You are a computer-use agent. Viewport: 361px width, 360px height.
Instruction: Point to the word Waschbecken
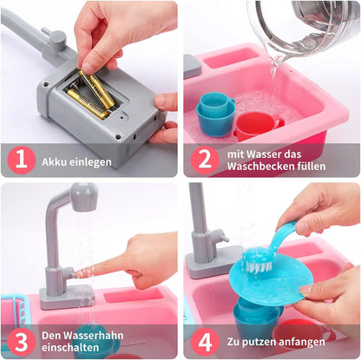pos(270,167)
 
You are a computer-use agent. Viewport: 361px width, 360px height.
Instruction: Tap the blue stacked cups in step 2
pos(214,113)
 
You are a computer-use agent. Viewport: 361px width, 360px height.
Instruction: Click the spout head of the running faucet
pos(83,198)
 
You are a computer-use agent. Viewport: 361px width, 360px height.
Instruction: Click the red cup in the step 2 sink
pos(254,123)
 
